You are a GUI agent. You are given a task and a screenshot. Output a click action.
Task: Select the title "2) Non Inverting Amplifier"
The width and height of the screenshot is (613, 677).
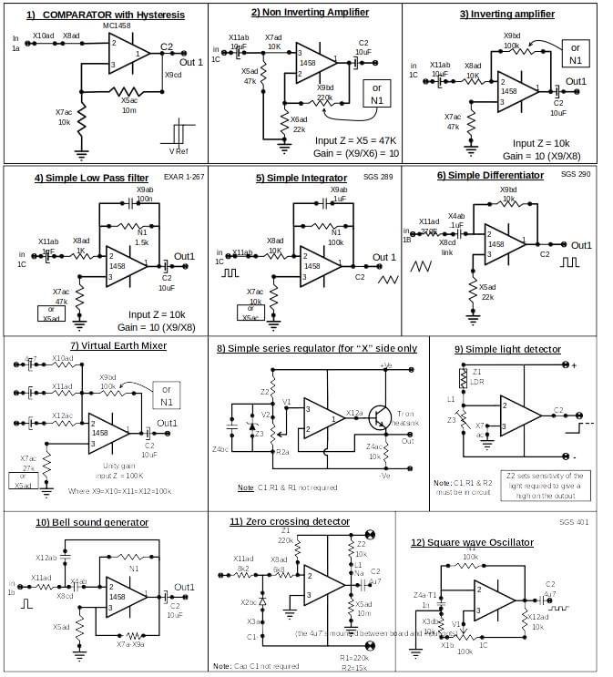pos(310,13)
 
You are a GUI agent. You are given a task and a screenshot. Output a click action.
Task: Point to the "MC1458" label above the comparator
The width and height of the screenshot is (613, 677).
pos(117,26)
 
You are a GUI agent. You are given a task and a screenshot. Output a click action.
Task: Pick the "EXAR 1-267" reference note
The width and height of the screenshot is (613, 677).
pos(184,176)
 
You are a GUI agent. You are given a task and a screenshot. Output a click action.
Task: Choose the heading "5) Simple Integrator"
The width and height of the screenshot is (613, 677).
pos(301,178)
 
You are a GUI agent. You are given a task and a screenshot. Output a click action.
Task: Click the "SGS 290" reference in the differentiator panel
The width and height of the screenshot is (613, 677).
pos(576,173)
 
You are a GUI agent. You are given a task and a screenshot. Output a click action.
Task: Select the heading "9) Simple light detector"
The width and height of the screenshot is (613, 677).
pos(507,349)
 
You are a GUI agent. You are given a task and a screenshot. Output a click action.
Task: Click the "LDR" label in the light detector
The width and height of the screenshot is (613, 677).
pos(478,382)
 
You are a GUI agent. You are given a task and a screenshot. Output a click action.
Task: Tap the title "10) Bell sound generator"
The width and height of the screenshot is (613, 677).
pos(92,522)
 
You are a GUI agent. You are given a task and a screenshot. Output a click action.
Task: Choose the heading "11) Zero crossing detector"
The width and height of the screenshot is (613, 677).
pos(290,521)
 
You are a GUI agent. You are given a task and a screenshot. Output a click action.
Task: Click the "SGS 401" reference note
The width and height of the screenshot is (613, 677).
pos(574,522)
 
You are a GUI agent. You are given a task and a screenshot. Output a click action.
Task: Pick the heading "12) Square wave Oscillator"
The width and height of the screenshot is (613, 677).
pos(472,542)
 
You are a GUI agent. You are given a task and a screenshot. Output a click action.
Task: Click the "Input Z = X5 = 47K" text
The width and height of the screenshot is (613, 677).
pos(355,141)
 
